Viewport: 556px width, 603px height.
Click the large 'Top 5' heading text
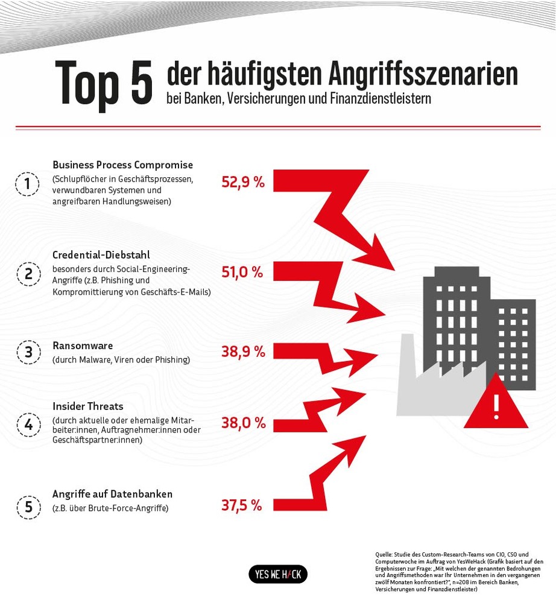(104, 83)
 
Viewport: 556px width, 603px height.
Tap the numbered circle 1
(28, 184)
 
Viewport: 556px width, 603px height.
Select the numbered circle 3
(28, 352)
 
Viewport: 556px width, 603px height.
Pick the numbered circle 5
(28, 507)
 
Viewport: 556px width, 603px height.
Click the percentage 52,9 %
(243, 182)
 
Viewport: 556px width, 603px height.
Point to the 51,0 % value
(242, 272)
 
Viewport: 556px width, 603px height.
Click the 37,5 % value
(241, 505)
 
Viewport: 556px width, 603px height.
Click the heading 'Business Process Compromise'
(123, 165)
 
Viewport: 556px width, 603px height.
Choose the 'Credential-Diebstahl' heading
(101, 254)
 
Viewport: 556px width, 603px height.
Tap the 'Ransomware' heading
(83, 346)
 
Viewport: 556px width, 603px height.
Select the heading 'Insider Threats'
(88, 406)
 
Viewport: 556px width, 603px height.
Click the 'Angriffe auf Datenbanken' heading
(113, 494)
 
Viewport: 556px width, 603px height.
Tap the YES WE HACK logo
(278, 574)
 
